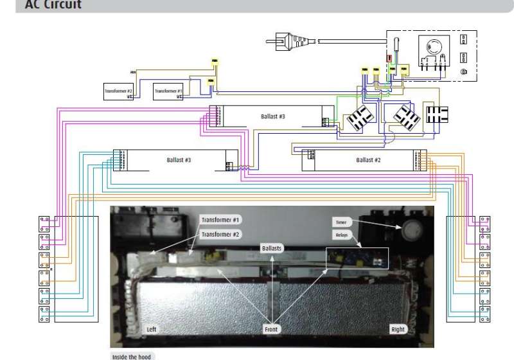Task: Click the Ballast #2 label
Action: pyautogui.click(x=369, y=159)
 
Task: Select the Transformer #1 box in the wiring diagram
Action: pyautogui.click(x=169, y=91)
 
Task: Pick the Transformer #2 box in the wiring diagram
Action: pyautogui.click(x=119, y=91)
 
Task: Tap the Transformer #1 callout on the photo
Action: pyautogui.click(x=220, y=220)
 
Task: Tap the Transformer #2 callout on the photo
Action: pyautogui.click(x=220, y=235)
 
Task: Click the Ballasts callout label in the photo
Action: pyautogui.click(x=272, y=248)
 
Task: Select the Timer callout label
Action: pyautogui.click(x=341, y=222)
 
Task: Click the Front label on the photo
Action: pyautogui.click(x=272, y=329)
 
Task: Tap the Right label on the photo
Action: pyautogui.click(x=398, y=329)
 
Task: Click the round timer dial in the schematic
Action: pyautogui.click(x=430, y=47)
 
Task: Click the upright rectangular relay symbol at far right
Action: pyautogui.click(x=438, y=115)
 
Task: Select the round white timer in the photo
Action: pyautogui.click(x=411, y=228)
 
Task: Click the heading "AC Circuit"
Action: pyautogui.click(x=53, y=4)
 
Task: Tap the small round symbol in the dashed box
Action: pyautogui.click(x=463, y=72)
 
